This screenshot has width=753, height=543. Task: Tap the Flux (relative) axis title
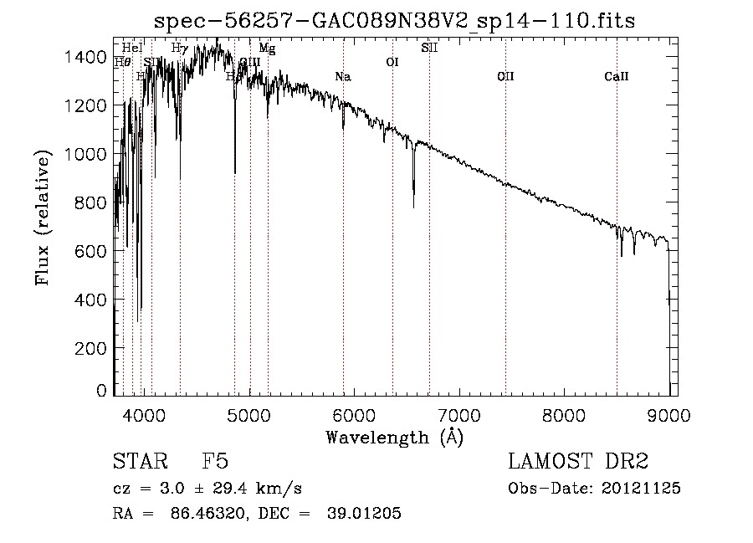[44, 217]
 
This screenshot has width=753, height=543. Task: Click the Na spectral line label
[342, 77]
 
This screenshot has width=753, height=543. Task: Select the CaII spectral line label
[617, 77]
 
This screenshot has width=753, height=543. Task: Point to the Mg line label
[267, 49]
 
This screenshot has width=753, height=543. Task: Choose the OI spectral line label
[392, 62]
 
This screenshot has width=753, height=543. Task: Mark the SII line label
[429, 49]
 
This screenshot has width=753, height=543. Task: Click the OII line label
[505, 77]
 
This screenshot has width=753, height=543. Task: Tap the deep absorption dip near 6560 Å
[413, 201]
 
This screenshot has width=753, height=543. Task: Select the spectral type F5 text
[215, 463]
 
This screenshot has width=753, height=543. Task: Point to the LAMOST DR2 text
[578, 463]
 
